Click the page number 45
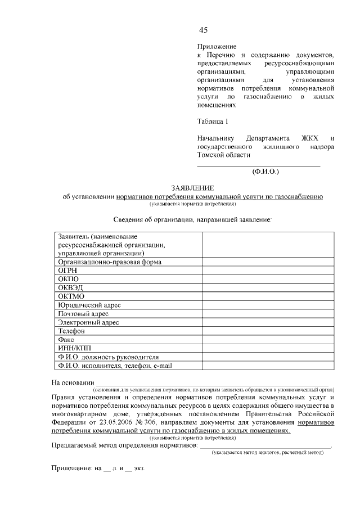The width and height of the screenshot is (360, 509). click(x=203, y=30)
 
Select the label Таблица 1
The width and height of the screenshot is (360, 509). click(x=213, y=121)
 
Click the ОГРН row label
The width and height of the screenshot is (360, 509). click(x=68, y=270)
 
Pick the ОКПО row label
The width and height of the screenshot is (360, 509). click(x=68, y=279)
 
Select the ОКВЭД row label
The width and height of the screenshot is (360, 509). click(x=70, y=287)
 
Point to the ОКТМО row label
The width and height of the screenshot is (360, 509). click(x=71, y=296)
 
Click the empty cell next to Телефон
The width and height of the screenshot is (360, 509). click(x=259, y=331)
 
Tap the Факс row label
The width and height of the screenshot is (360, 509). click(x=66, y=340)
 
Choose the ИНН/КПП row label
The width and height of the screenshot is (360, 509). click(x=74, y=348)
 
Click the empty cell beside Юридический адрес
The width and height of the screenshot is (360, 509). click(x=259, y=305)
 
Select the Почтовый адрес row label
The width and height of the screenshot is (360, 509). click(x=83, y=313)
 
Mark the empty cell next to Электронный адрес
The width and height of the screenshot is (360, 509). click(x=259, y=322)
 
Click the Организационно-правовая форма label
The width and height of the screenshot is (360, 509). click(x=109, y=262)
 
